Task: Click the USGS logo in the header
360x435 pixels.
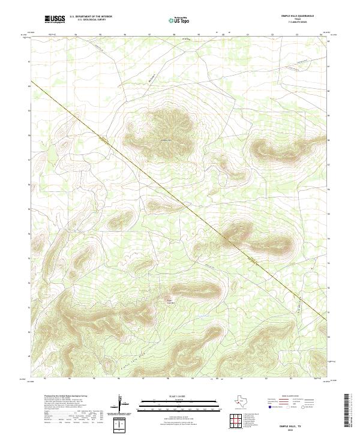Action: coord(55,19)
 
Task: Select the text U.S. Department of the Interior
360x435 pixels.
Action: coord(91,17)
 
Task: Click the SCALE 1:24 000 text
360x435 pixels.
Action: coord(171,397)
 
